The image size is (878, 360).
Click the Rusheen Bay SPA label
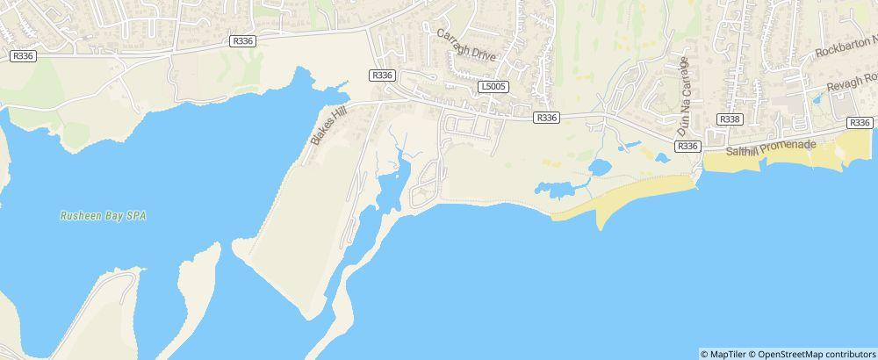click(102, 215)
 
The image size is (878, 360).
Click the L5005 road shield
click(493, 87)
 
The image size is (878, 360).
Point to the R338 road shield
click(729, 119)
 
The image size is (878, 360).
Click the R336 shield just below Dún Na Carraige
click(688, 146)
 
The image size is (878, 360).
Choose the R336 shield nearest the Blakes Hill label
click(382, 76)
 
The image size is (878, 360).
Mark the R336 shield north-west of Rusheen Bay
click(23, 55)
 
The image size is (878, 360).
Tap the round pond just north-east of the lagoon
click(600, 166)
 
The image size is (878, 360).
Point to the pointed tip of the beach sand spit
click(601, 227)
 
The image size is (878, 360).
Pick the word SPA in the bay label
click(136, 215)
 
